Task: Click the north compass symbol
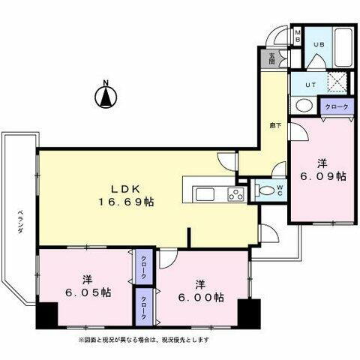[106, 96]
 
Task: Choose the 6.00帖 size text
[200, 296]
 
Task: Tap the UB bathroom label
[318, 44]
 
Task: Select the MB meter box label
[297, 36]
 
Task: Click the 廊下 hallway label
[276, 126]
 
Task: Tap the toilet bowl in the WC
[265, 191]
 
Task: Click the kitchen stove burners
[235, 196]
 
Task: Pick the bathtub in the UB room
[344, 45]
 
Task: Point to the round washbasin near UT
[304, 105]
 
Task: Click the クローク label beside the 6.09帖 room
[336, 107]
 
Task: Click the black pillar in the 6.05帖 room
[47, 314]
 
